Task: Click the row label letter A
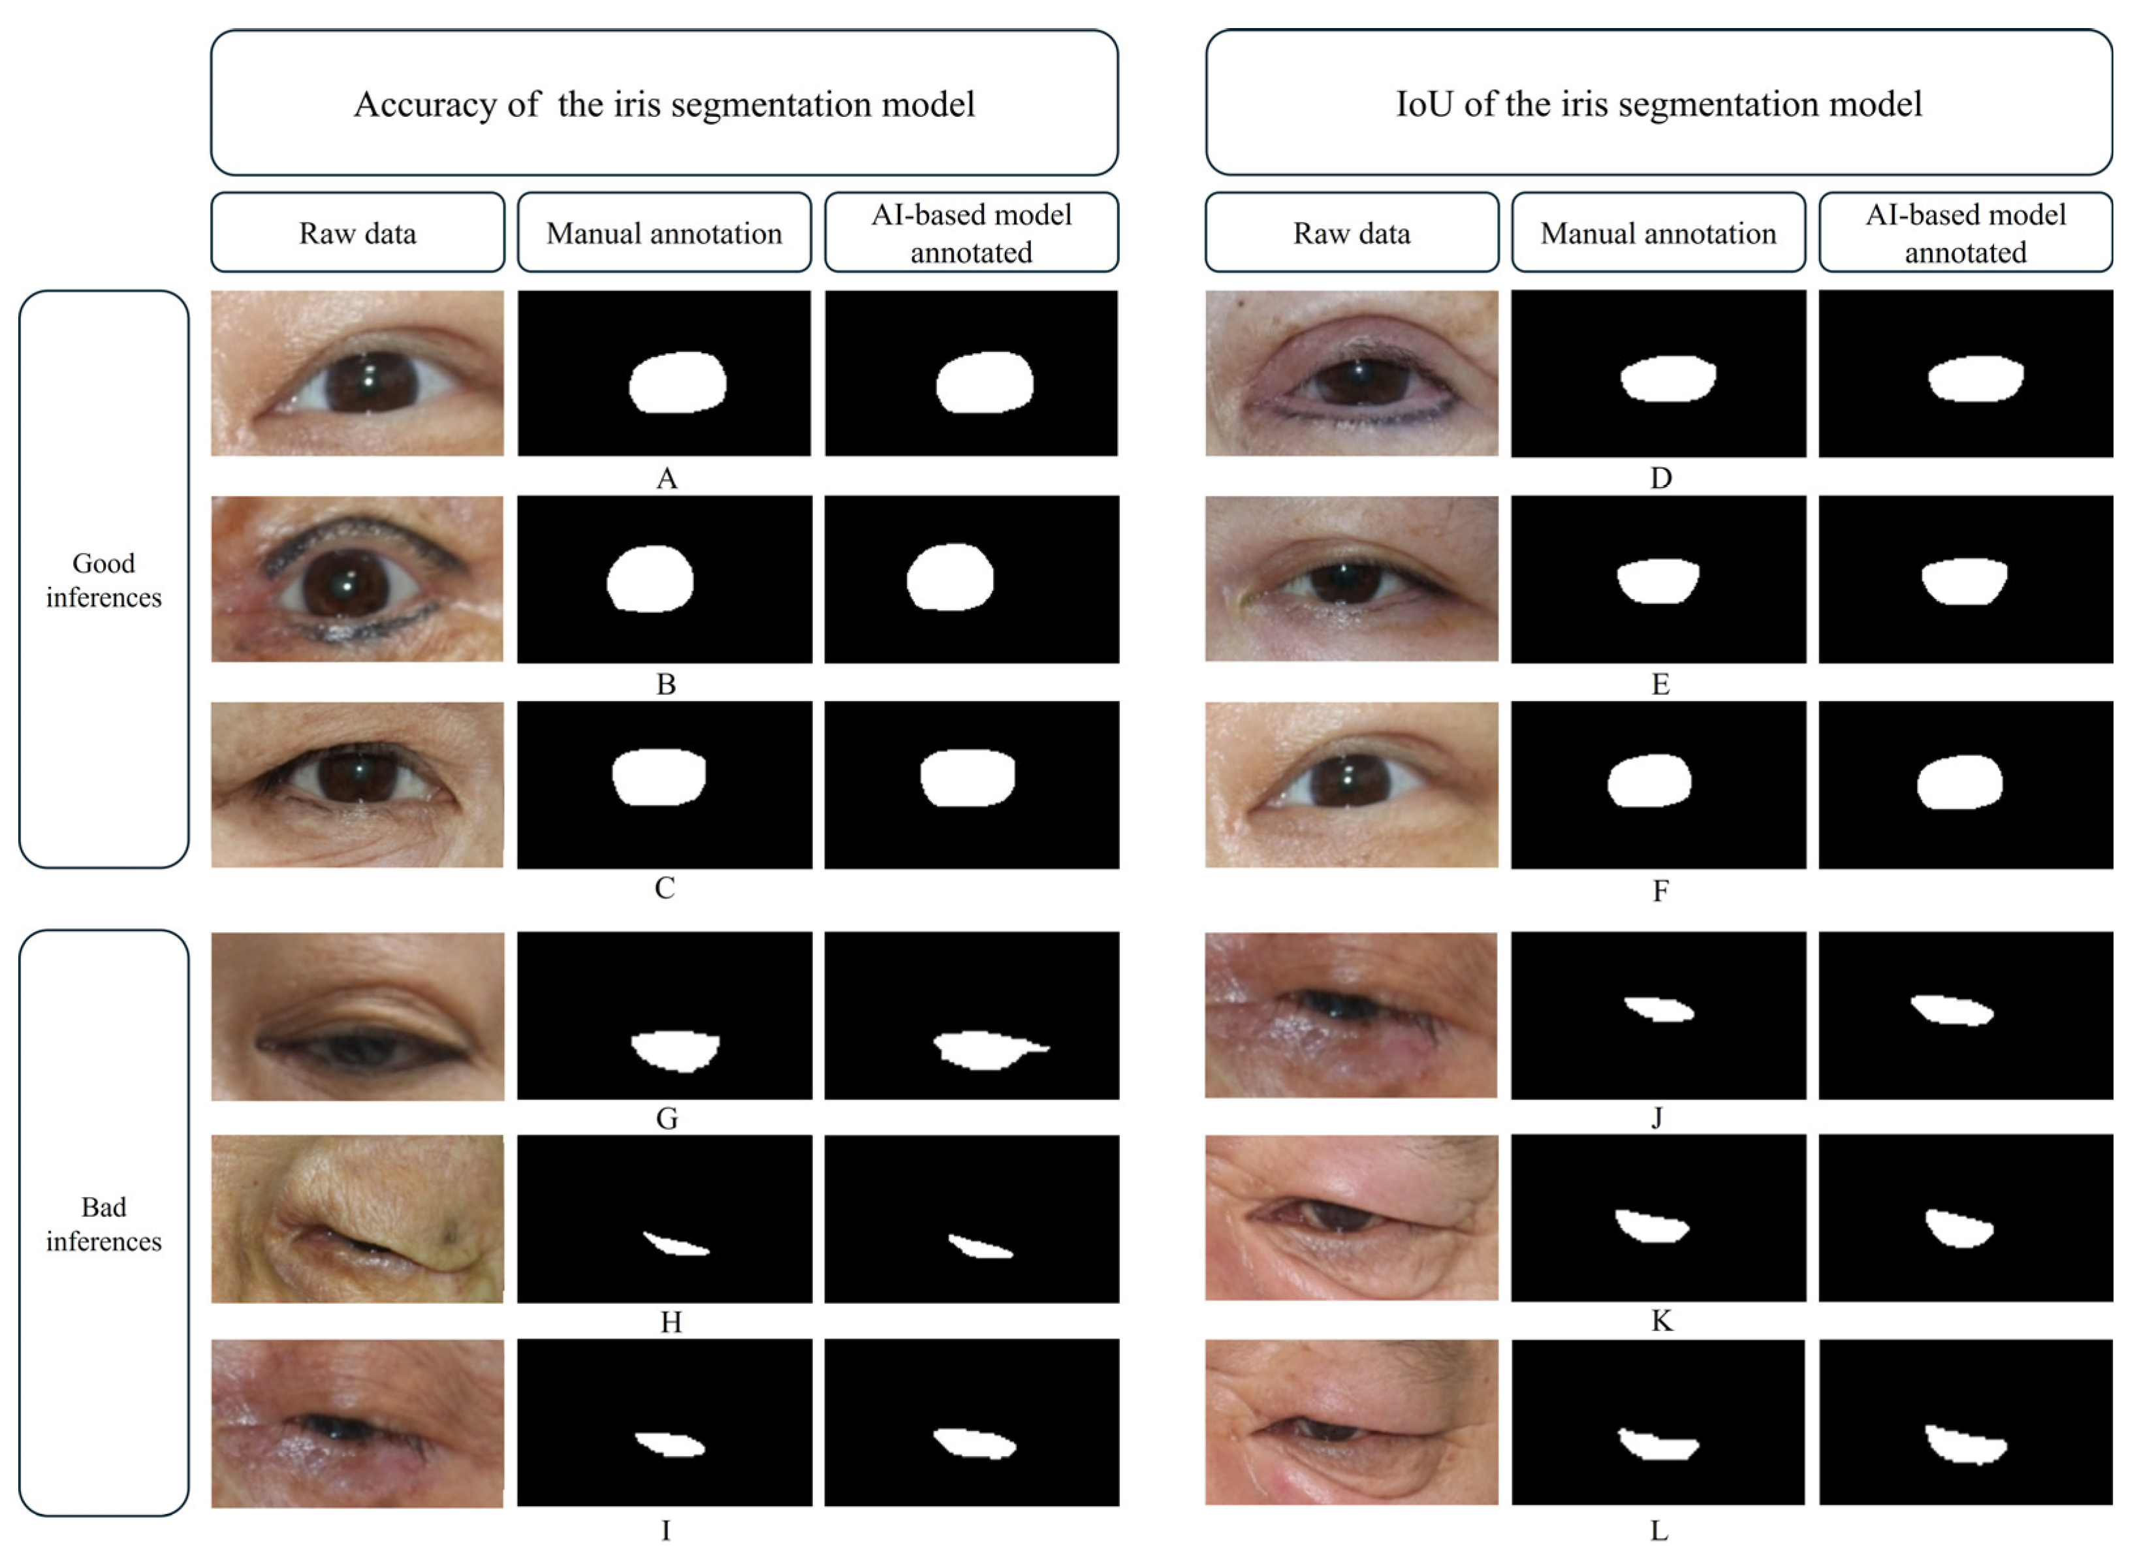(666, 479)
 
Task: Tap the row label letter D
(1661, 479)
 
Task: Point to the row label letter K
(1662, 1321)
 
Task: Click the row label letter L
(1659, 1530)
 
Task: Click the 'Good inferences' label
(104, 580)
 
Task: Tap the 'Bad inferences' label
(104, 1224)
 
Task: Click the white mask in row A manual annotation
(677, 382)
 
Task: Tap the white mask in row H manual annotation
(675, 1245)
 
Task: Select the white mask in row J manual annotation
(1659, 1009)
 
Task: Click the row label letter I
(666, 1530)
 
